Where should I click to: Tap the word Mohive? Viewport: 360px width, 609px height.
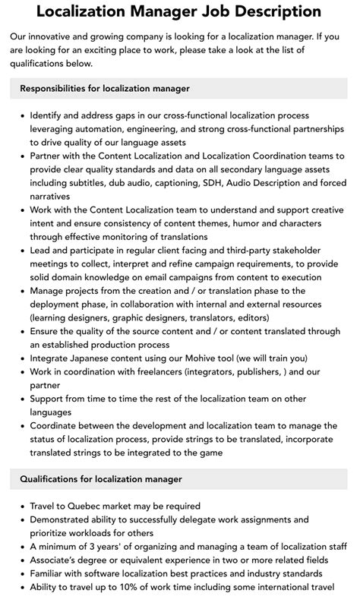click(197, 359)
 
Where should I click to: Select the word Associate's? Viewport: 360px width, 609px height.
click(60, 560)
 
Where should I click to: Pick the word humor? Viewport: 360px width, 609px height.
click(244, 223)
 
